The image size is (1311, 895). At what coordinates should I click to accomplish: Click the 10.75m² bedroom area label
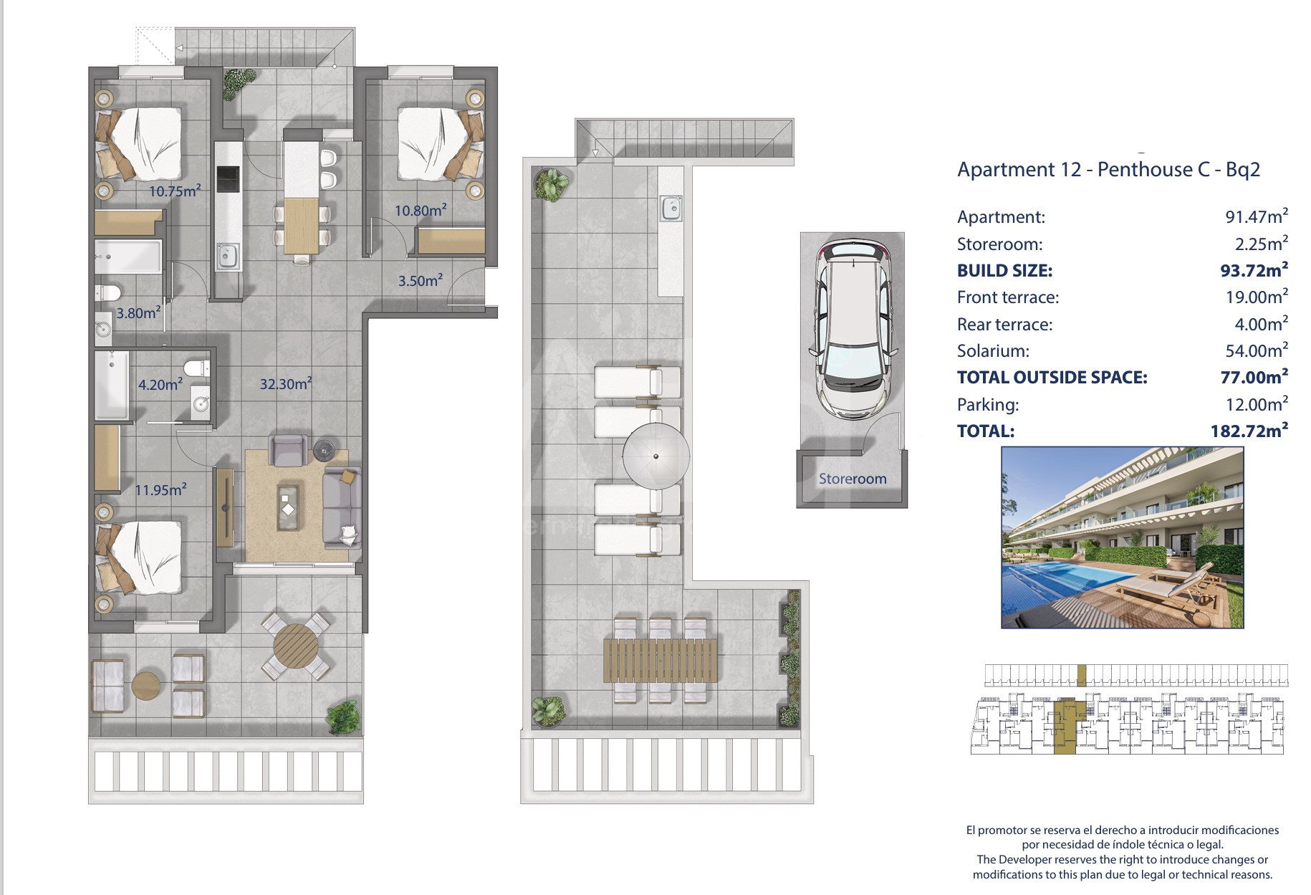click(x=175, y=191)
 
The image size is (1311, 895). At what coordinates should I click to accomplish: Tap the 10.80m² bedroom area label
click(x=421, y=210)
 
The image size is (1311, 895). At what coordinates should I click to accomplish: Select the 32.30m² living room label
click(x=285, y=383)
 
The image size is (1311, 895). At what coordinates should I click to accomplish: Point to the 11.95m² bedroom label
click(x=161, y=489)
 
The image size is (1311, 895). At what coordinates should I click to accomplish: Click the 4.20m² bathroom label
click(x=160, y=384)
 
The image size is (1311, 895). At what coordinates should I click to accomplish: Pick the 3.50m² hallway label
click(x=421, y=280)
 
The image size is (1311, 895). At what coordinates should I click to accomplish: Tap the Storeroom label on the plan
click(x=853, y=479)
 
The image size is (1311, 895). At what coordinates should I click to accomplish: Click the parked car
click(x=853, y=329)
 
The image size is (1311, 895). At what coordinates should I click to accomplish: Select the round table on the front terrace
click(x=296, y=645)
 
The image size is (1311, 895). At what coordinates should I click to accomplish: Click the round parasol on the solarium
click(x=656, y=456)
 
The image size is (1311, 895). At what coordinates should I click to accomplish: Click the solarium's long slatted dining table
click(x=661, y=660)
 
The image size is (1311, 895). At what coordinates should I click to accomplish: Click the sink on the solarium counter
click(x=671, y=209)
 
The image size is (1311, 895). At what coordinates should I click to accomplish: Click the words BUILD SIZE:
click(x=1004, y=271)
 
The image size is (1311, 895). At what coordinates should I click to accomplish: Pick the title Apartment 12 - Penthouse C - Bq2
click(x=1108, y=170)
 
